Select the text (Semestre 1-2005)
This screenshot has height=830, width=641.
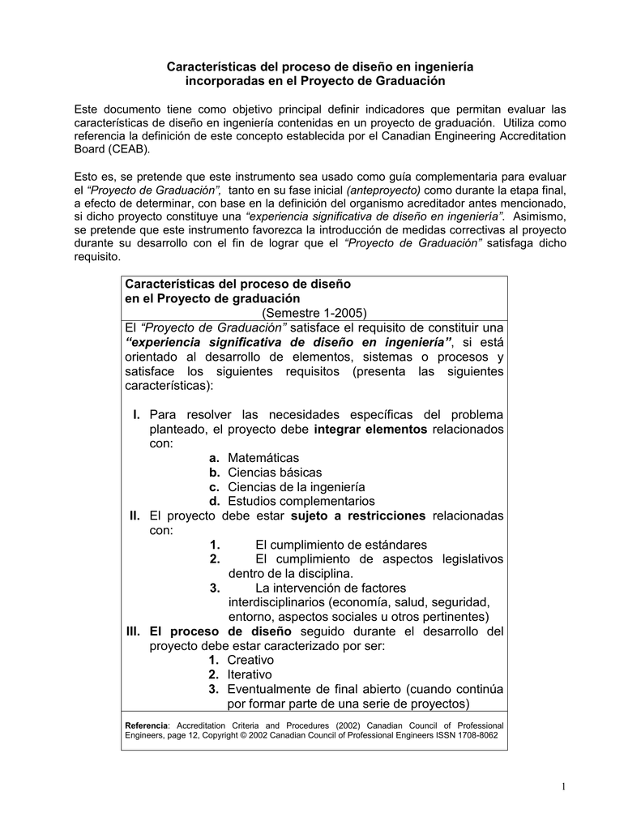[314, 313]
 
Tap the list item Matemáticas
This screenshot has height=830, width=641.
[263, 458]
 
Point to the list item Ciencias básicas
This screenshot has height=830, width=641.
[275, 473]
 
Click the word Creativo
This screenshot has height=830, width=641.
[250, 660]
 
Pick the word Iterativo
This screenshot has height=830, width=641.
[250, 674]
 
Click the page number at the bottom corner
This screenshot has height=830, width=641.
[562, 788]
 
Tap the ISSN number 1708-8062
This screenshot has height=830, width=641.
[474, 735]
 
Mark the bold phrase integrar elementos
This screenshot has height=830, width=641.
[370, 429]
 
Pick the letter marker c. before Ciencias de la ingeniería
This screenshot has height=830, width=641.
[214, 487]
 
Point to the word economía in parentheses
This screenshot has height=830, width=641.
[358, 602]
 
